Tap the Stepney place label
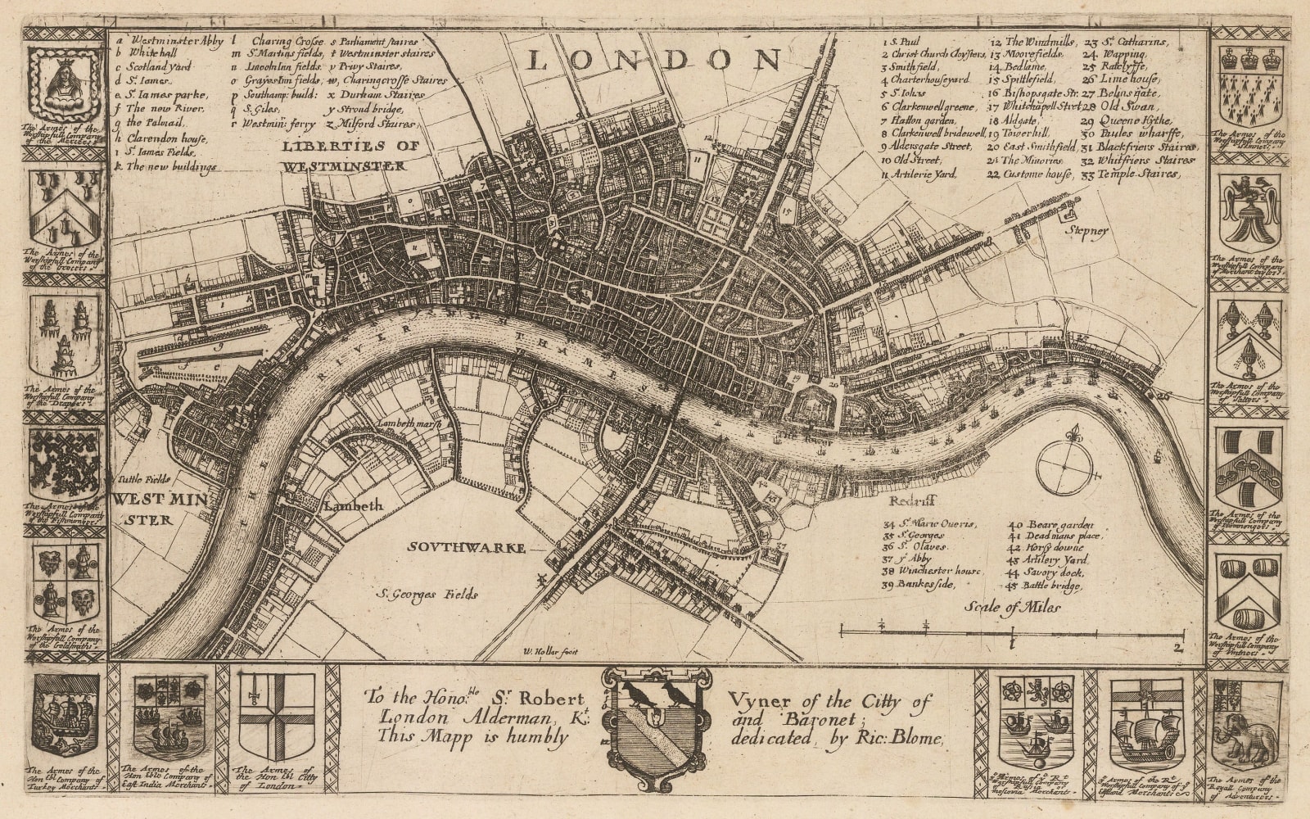[1086, 231]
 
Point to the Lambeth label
[354, 506]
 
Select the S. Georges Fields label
[427, 595]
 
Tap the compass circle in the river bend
[1063, 466]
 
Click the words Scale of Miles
[1012, 607]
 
